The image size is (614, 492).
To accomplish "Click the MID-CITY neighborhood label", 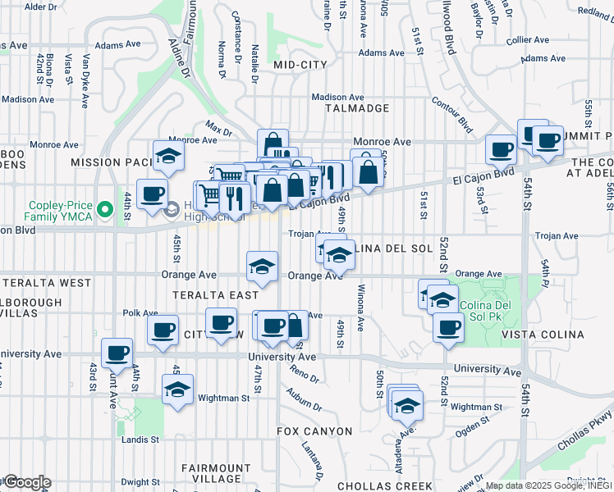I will [x=300, y=64].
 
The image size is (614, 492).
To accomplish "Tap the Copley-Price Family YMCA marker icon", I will [x=105, y=210].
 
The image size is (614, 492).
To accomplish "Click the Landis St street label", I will [x=141, y=440].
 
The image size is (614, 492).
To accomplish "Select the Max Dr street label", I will [x=218, y=130].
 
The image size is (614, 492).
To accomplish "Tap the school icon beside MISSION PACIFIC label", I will [x=169, y=155].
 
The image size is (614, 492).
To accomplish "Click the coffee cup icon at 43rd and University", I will [x=117, y=352].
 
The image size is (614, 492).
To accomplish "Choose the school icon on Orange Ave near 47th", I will [x=262, y=266].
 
